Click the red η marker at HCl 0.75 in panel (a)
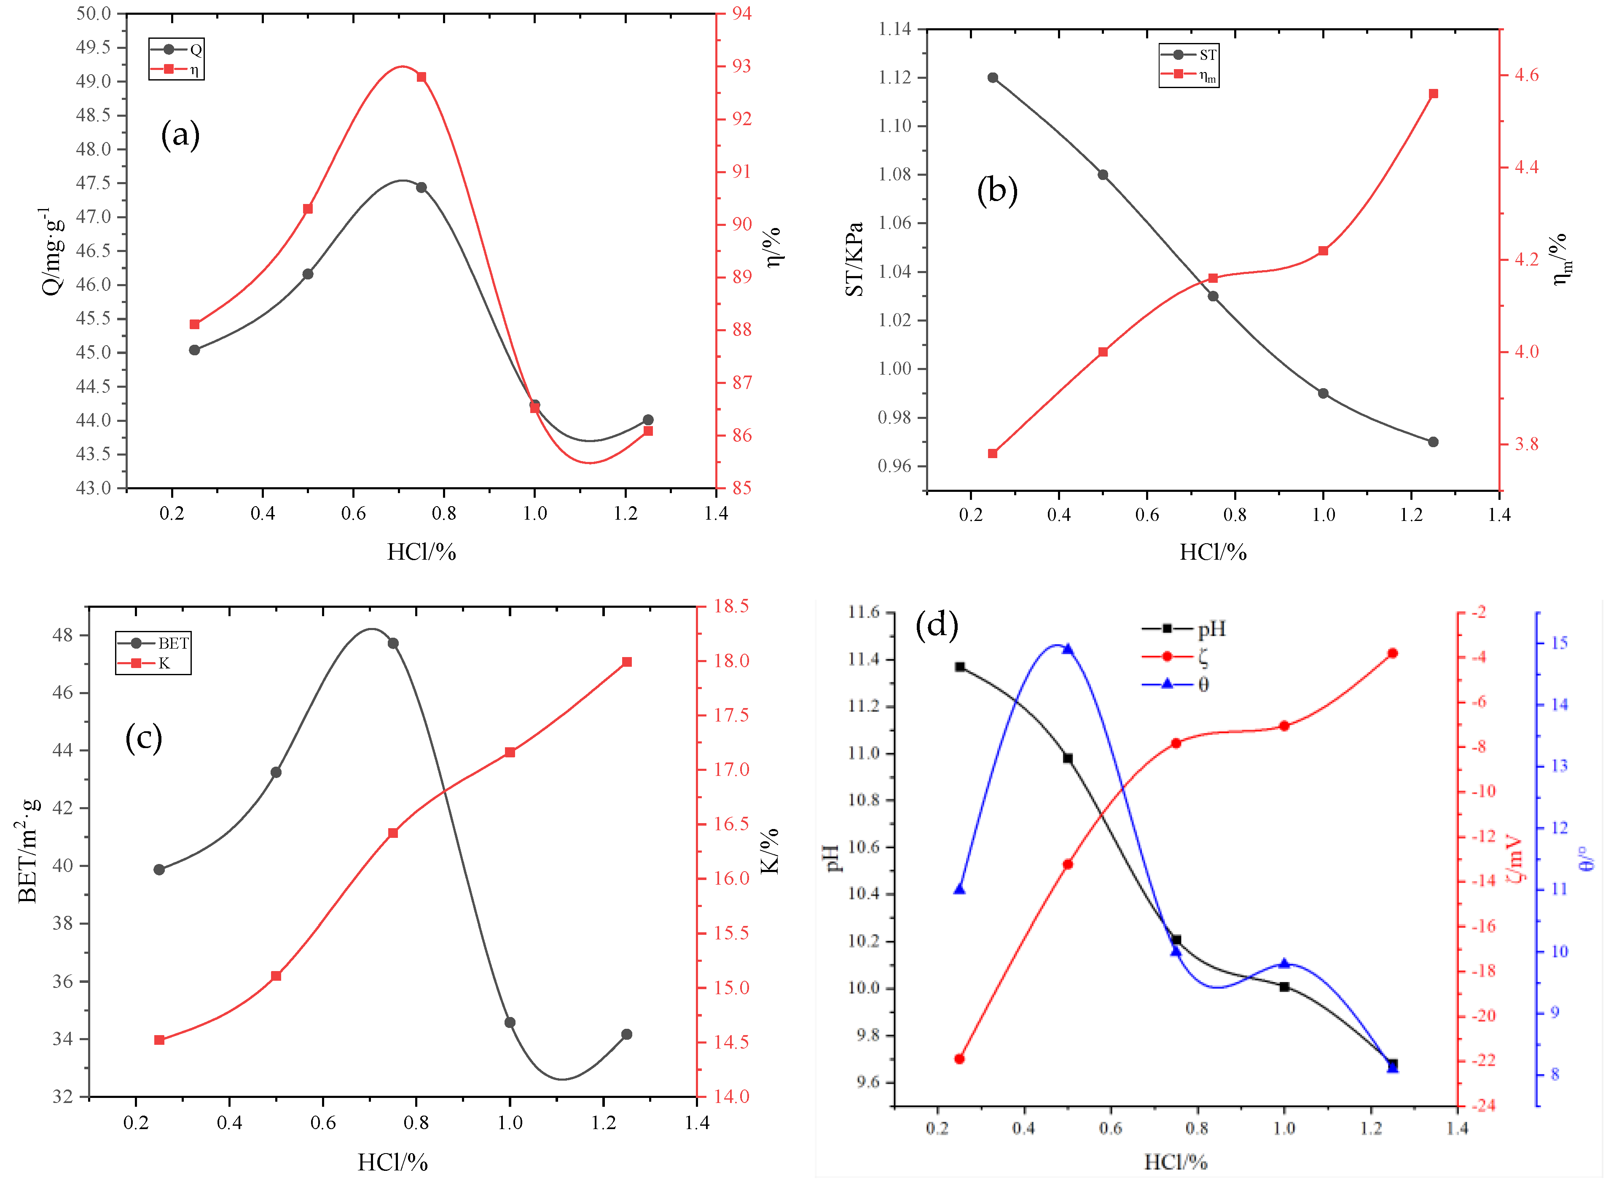point(422,77)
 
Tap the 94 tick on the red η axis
point(741,13)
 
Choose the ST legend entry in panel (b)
point(1189,54)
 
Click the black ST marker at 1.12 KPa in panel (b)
point(993,78)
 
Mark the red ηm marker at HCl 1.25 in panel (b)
point(1433,94)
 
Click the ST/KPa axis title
point(854,258)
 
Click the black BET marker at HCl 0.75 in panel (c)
point(393,643)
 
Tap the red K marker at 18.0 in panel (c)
point(627,662)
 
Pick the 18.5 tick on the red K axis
point(731,606)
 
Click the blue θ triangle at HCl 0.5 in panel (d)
point(1068,649)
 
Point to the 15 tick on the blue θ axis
point(1559,643)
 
